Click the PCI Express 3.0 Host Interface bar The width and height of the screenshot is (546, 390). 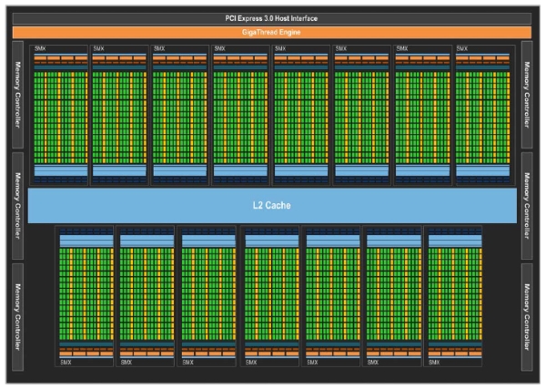click(272, 18)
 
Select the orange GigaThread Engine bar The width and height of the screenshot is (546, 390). click(272, 32)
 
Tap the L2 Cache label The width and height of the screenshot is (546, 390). click(272, 205)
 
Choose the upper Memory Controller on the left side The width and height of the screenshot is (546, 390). click(17, 95)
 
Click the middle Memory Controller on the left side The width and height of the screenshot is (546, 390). click(17, 204)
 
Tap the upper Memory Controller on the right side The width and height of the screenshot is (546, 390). click(529, 95)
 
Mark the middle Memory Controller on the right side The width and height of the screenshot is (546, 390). click(529, 204)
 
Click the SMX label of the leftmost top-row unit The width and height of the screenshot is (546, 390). click(40, 47)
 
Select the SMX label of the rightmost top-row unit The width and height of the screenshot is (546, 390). click(462, 47)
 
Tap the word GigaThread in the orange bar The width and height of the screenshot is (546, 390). click(260, 32)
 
